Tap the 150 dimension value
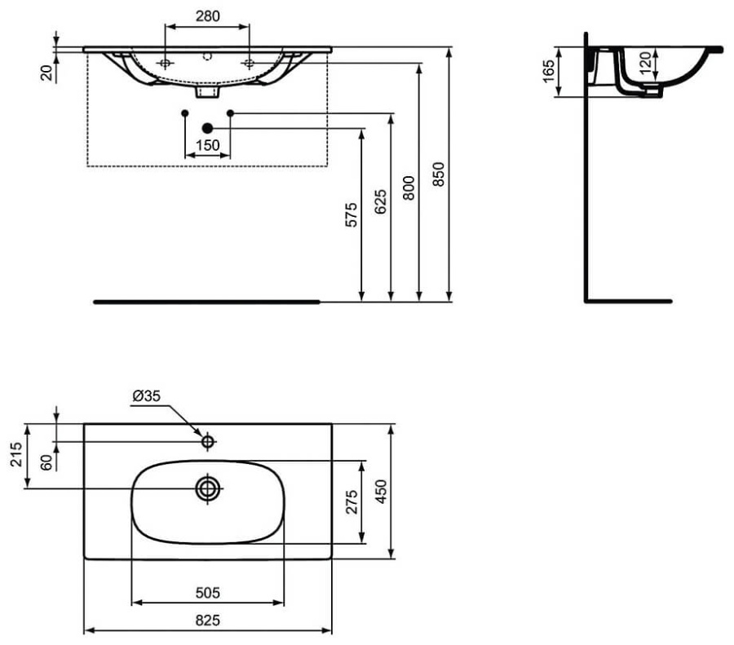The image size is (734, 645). click(x=208, y=145)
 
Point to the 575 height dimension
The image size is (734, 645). click(x=352, y=214)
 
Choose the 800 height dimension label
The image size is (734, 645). click(x=409, y=188)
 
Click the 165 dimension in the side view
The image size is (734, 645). click(x=547, y=72)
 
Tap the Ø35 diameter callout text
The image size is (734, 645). click(x=148, y=397)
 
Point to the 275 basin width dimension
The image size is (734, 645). click(x=351, y=502)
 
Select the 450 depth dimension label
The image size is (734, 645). click(x=380, y=492)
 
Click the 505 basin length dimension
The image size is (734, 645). click(x=208, y=592)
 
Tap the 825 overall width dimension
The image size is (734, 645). click(x=208, y=620)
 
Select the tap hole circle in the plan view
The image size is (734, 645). click(x=208, y=441)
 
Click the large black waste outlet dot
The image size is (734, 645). click(x=207, y=127)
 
